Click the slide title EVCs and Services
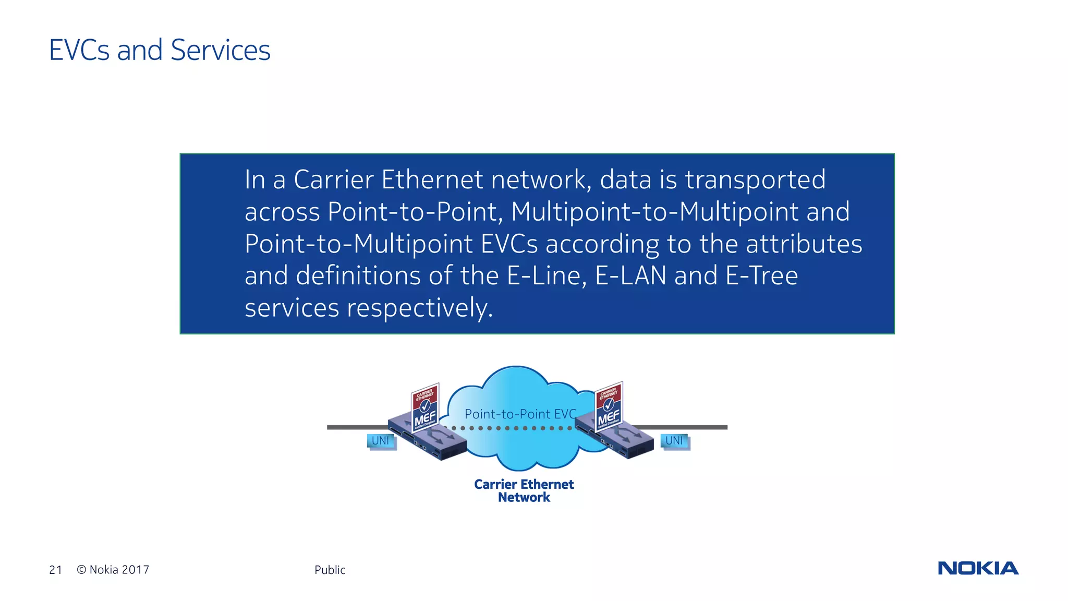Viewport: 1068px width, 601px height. coord(160,50)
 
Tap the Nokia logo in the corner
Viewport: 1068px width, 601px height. coord(978,568)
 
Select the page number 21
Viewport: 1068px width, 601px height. coord(55,570)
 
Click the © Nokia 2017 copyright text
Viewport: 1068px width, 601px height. coord(113,570)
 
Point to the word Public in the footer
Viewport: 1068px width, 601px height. coord(330,570)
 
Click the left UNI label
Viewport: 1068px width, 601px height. coord(381,441)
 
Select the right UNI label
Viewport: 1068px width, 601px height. coord(674,441)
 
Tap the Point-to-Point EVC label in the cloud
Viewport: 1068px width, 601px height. coord(520,414)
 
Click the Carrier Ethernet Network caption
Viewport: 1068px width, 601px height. coord(524,490)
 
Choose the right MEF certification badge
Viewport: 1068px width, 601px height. coord(609,406)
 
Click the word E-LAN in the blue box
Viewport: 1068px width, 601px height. coord(630,275)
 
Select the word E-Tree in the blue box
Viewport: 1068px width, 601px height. coord(762,275)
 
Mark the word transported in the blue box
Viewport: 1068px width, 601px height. coord(755,179)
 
